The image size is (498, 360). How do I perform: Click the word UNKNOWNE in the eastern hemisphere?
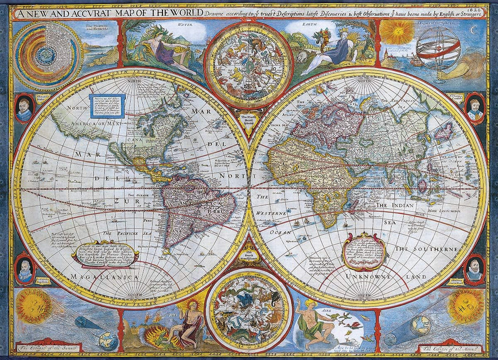(369, 275)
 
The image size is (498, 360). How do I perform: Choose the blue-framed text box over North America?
(108, 106)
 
